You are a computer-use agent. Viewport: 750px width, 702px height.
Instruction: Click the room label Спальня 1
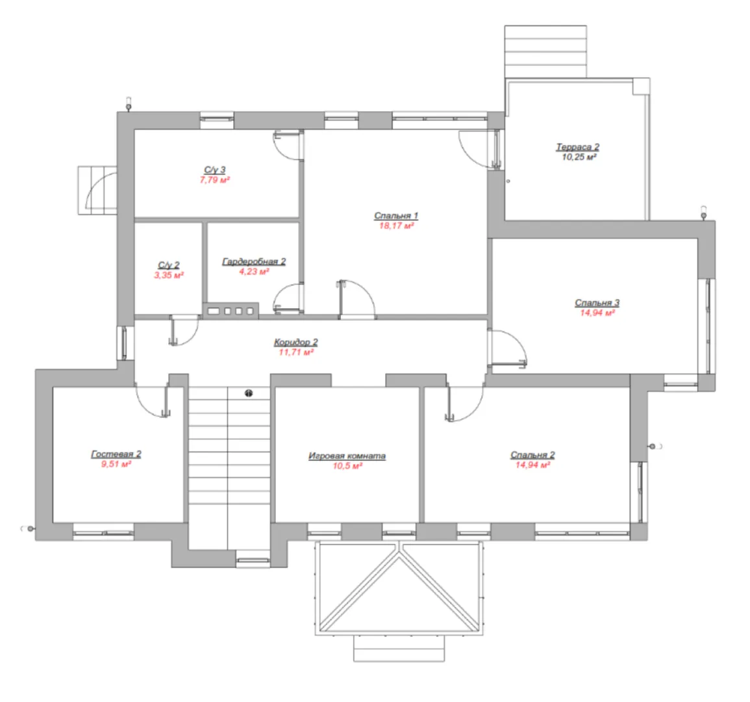pyautogui.click(x=396, y=216)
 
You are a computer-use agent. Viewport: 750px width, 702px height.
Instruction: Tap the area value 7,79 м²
pyautogui.click(x=215, y=180)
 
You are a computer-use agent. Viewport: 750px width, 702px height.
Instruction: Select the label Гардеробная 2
pyautogui.click(x=254, y=261)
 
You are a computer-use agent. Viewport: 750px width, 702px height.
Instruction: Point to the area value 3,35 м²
pyautogui.click(x=169, y=276)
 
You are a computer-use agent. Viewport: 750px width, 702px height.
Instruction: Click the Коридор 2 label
pyautogui.click(x=295, y=342)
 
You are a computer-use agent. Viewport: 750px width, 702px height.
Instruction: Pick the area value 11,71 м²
pyautogui.click(x=296, y=352)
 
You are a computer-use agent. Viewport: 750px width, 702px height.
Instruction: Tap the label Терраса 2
pyautogui.click(x=578, y=147)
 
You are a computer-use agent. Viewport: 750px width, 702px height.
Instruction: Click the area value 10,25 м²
pyautogui.click(x=579, y=157)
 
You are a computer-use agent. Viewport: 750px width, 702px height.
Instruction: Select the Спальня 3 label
pyautogui.click(x=597, y=303)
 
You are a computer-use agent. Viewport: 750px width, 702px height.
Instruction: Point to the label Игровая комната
pyautogui.click(x=347, y=456)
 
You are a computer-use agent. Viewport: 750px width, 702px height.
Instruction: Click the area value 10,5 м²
pyautogui.click(x=348, y=466)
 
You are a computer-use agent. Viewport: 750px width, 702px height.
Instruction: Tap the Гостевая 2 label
pyautogui.click(x=116, y=454)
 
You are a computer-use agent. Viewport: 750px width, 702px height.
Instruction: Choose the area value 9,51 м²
pyautogui.click(x=116, y=464)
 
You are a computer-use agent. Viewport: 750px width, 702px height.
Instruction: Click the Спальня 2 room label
pyautogui.click(x=532, y=455)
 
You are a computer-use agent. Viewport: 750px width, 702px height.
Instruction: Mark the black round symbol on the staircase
pyautogui.click(x=249, y=393)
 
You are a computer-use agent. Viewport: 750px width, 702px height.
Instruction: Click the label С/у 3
pyautogui.click(x=215, y=170)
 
